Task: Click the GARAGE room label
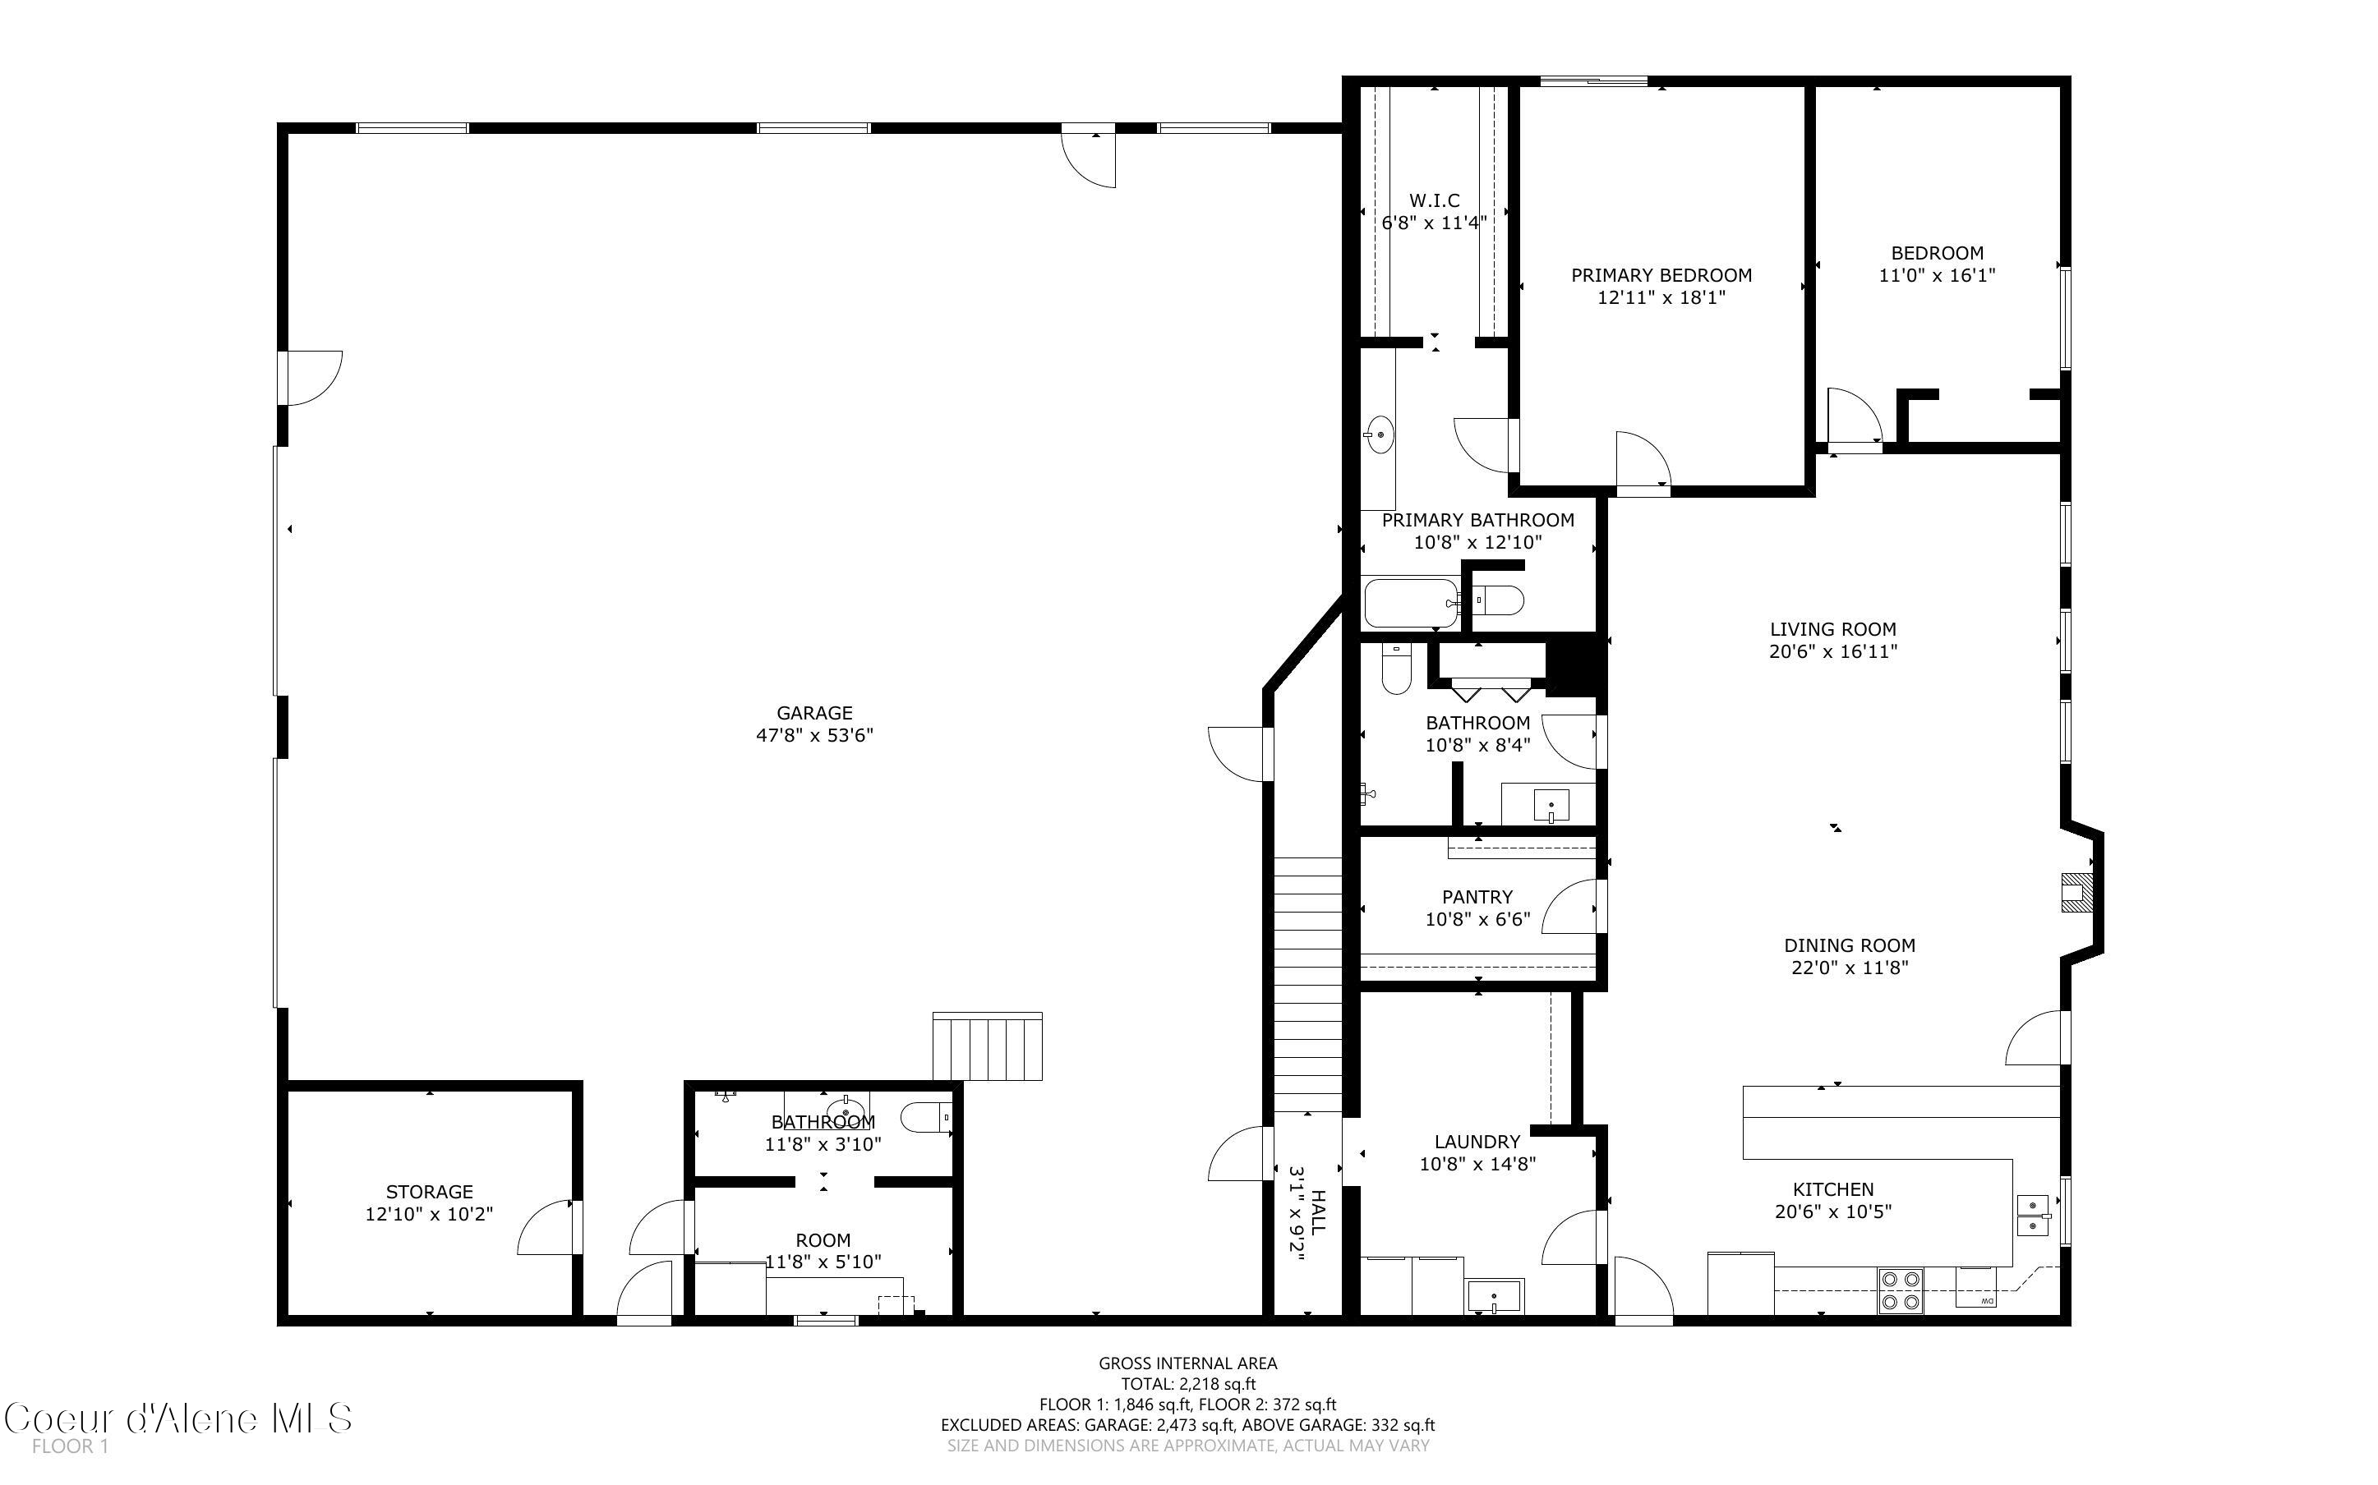click(814, 713)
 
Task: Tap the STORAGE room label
click(429, 1191)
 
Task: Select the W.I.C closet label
click(1434, 200)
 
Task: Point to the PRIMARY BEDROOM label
click(1661, 275)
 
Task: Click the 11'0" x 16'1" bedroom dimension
click(1937, 275)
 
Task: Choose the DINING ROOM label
click(1850, 945)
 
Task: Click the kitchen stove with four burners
click(1901, 1291)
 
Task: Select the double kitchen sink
click(2033, 1216)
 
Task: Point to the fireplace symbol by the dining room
click(2076, 892)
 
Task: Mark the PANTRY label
click(1477, 897)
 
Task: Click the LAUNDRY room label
click(1477, 1141)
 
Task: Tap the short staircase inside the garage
click(987, 1047)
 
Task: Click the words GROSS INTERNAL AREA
click(1187, 1363)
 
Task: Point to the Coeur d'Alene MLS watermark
click(177, 1418)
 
